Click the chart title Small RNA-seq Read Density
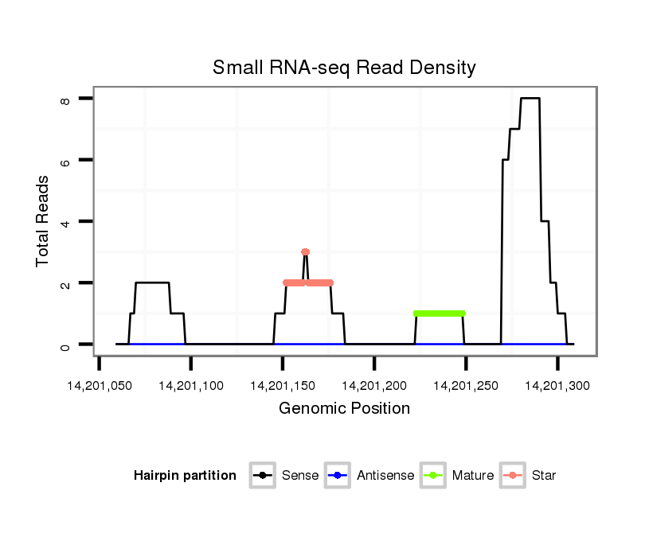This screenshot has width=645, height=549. click(x=344, y=68)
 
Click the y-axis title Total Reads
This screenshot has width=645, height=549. click(x=43, y=221)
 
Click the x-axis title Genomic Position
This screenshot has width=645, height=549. click(x=344, y=409)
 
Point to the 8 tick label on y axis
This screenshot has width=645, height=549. click(x=66, y=99)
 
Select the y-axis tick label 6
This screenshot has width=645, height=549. click(x=66, y=160)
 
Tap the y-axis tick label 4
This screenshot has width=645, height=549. click(x=66, y=221)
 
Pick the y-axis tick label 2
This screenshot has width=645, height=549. click(x=66, y=283)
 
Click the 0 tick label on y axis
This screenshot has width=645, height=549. click(x=66, y=345)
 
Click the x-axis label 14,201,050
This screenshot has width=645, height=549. click(x=100, y=386)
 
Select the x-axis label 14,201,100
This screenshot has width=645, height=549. click(x=191, y=386)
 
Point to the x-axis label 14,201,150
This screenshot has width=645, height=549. click(x=283, y=386)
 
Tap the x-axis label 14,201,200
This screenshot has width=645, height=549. click(x=374, y=386)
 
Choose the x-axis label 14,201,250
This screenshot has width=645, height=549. click(x=466, y=386)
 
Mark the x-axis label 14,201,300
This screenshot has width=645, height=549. click(x=557, y=386)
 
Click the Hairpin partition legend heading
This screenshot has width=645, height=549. click(x=185, y=476)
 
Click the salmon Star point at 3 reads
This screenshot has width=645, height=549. click(x=305, y=252)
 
